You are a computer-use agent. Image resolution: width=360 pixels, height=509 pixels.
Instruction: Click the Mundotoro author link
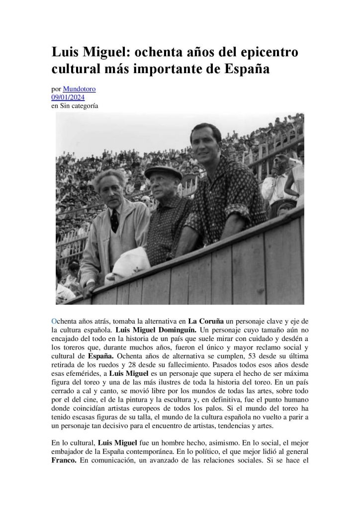coord(80,89)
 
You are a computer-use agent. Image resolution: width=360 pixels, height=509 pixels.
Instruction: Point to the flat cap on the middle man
coord(163,172)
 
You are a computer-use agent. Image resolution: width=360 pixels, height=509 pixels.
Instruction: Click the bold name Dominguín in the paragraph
coord(175,330)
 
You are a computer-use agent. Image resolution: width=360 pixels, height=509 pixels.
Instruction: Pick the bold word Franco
coord(65,460)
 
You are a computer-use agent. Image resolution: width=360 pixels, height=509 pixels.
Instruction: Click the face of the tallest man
coord(204,142)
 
